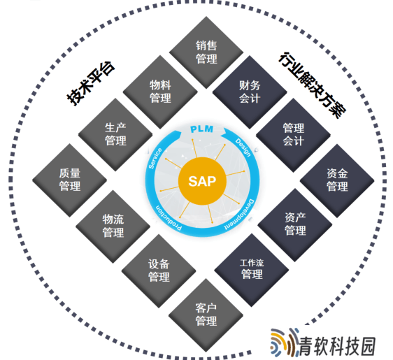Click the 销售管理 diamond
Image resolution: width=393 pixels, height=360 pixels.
206,52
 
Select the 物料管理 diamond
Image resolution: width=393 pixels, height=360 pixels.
160,92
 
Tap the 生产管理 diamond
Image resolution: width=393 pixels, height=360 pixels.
115,134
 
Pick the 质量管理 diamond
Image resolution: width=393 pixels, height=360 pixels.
70,180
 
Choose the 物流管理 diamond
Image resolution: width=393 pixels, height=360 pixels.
113,226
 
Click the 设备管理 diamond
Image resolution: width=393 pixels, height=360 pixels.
159,271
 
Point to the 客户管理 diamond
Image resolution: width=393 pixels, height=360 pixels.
206,315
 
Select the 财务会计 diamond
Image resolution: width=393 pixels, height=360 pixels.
250,92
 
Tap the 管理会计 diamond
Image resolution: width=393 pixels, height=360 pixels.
293,135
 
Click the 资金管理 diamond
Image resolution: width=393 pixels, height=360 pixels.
337,180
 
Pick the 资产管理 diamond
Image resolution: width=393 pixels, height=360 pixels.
295,224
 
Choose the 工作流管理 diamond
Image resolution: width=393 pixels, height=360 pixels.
252,270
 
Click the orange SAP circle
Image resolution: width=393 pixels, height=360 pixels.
202,181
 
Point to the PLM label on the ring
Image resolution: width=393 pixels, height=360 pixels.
202,129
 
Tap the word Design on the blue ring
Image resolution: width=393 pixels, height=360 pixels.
243,147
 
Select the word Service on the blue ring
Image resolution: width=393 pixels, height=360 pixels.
155,158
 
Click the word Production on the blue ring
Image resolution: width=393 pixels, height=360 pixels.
169,217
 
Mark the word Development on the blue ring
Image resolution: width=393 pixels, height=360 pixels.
239,215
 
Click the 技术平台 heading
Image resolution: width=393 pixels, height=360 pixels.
91,83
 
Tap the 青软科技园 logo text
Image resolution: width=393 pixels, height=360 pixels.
338,346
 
